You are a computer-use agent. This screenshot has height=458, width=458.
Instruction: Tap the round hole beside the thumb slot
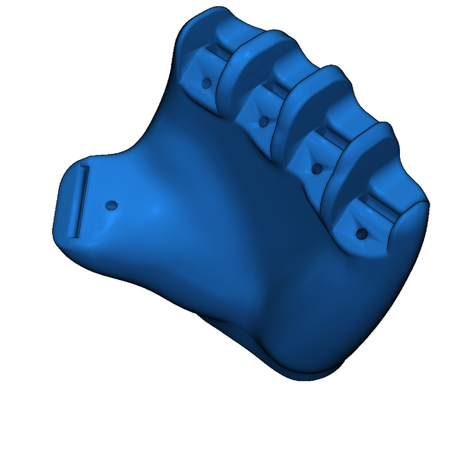(110, 205)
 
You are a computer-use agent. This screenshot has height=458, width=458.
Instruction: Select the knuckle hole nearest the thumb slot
(207, 83)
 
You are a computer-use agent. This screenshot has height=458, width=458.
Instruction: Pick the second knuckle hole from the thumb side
(263, 121)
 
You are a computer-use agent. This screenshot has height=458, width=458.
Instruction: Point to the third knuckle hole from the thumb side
(317, 169)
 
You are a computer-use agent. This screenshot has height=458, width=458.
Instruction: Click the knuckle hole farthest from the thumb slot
(362, 233)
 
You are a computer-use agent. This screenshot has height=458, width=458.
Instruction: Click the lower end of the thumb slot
(74, 234)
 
